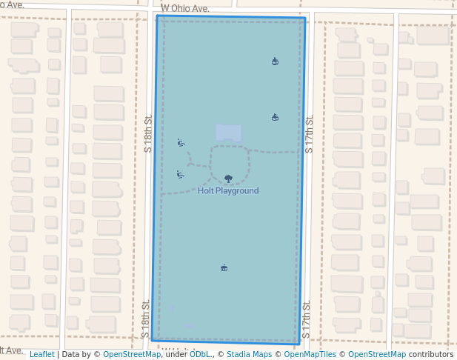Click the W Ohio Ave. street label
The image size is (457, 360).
click(185, 8)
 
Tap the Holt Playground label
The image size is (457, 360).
click(228, 190)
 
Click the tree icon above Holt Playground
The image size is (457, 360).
click(228, 179)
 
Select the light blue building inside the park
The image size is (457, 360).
click(228, 133)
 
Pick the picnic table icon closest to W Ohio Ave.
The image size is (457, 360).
click(275, 61)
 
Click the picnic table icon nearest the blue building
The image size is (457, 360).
click(275, 117)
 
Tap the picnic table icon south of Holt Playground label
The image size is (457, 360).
click(224, 267)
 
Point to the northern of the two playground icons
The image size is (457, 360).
click(181, 142)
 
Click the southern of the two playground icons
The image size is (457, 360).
click(180, 174)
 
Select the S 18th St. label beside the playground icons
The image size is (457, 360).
click(148, 134)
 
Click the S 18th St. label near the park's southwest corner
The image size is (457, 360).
click(146, 319)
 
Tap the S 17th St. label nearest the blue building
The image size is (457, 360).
click(310, 134)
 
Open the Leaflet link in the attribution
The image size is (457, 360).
click(42, 354)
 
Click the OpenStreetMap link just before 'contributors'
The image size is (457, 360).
click(377, 354)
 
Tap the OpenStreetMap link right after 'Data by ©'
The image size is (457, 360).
click(132, 354)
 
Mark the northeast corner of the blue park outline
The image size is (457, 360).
click(304, 19)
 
